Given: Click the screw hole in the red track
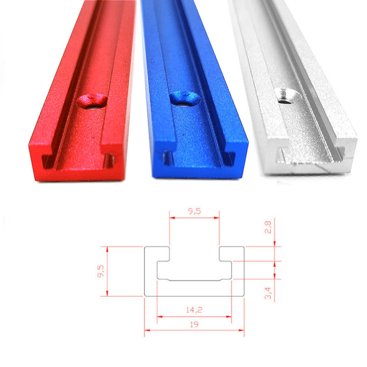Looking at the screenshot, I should pos(93,100).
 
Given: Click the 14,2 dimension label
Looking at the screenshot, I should pos(194,310).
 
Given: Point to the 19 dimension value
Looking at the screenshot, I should pos(195,323).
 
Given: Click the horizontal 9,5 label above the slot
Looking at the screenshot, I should pos(194,211).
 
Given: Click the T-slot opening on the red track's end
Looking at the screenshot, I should pos(76,158).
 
